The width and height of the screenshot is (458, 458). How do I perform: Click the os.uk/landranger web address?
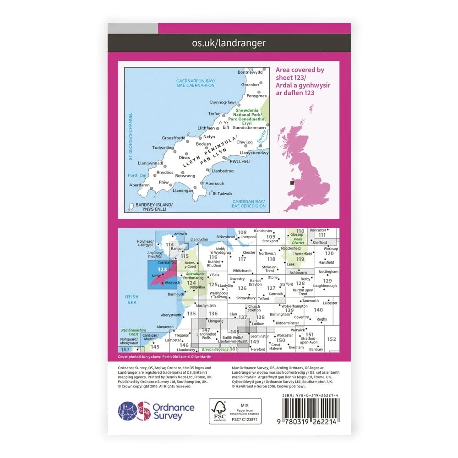[x=229, y=43]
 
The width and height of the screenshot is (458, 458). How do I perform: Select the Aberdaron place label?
[x=140, y=185]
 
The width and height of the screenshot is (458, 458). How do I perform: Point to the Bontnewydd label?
[x=251, y=72]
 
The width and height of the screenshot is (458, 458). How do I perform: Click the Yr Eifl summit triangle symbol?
[x=220, y=123]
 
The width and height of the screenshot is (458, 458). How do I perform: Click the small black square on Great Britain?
[x=292, y=183]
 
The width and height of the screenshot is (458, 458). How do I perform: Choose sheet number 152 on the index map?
[x=332, y=339]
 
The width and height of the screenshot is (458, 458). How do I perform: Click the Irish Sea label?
[x=132, y=300]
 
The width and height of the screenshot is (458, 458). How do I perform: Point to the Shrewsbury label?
[x=246, y=298]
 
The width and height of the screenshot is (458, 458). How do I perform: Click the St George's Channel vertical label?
[x=130, y=136]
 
